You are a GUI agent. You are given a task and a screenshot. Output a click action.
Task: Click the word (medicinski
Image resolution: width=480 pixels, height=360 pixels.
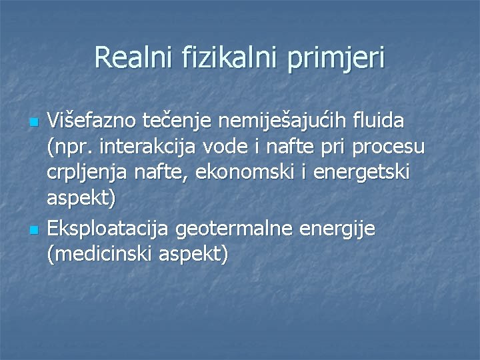coord(101,255)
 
